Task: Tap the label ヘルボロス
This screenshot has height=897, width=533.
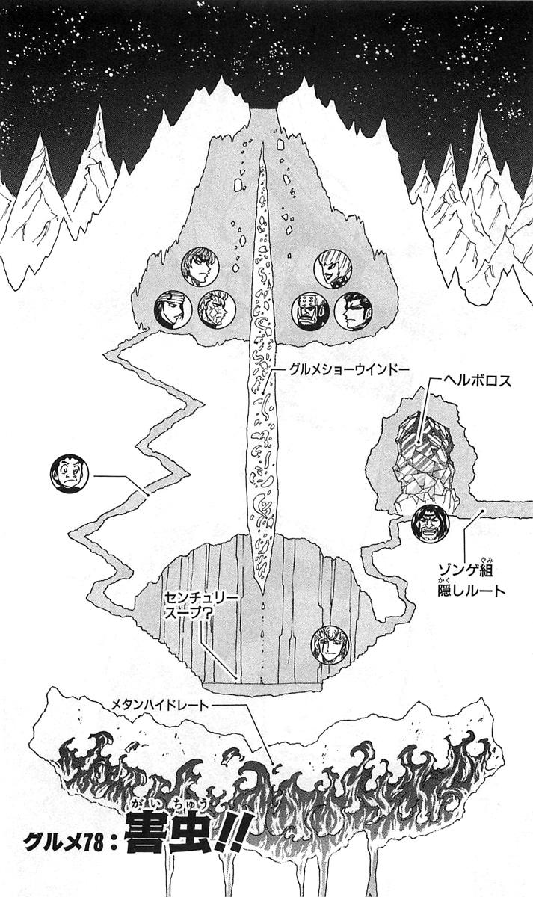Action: click(477, 380)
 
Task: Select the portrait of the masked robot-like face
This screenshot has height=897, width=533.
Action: click(310, 311)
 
